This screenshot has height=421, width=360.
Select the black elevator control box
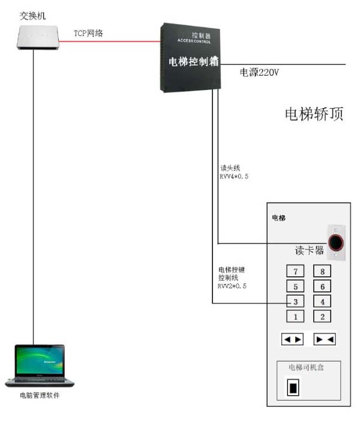pos(191,57)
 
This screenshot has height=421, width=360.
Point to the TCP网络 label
pos(88,34)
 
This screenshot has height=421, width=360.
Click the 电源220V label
pos(259,73)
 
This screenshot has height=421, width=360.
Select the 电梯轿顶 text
pos(314,114)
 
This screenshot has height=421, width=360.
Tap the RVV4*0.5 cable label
pos(233,178)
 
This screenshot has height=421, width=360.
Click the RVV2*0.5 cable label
pos(232,286)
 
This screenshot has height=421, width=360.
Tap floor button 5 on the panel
pos(295,286)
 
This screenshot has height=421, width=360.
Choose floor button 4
pos(322,301)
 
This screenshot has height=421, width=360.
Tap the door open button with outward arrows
pos(292,339)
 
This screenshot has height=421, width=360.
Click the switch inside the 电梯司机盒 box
pos(293,388)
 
